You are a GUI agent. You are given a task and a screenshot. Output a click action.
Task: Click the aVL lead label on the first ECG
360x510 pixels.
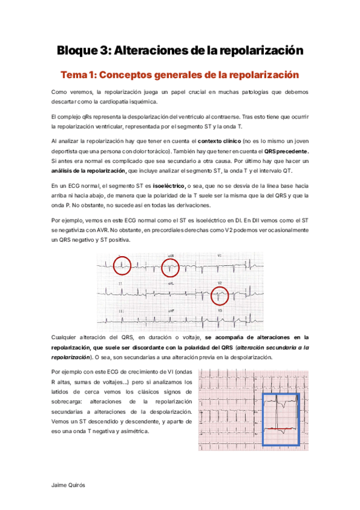171,283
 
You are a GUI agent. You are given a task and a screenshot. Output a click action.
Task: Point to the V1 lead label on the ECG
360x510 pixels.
220,256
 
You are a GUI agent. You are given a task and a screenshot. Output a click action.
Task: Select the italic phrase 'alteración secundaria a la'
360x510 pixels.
273,348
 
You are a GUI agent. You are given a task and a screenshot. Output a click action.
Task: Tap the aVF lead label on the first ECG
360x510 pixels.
171,310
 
